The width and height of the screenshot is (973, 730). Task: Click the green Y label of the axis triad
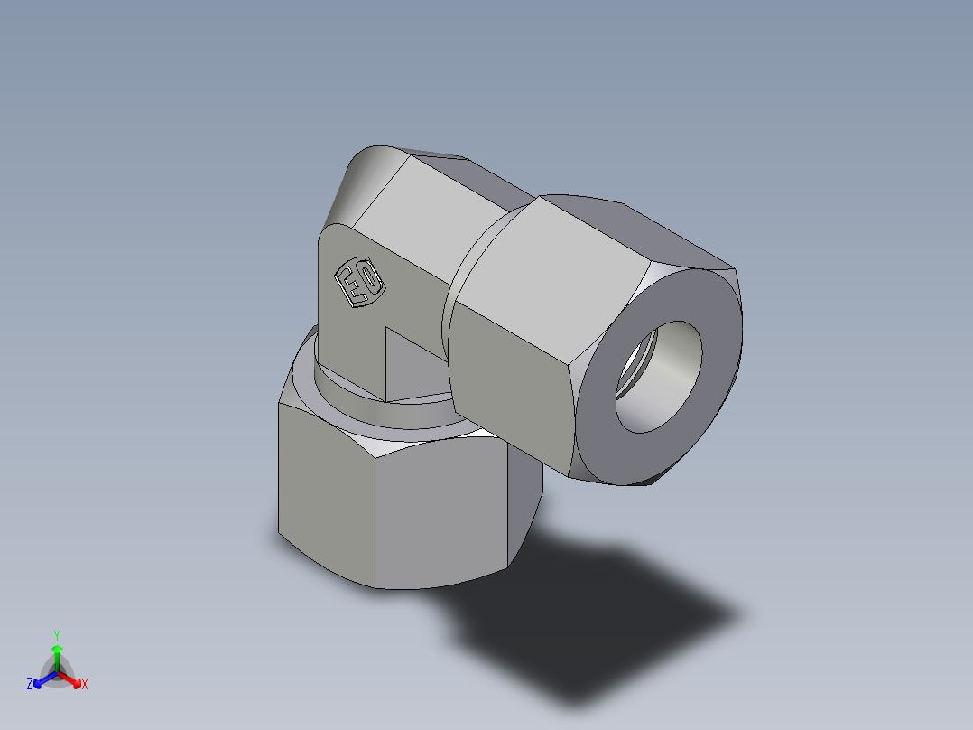[56, 634]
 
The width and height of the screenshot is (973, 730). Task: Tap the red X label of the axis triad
[85, 685]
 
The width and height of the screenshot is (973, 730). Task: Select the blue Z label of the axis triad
[30, 685]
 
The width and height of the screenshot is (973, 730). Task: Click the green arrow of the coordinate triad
[57, 656]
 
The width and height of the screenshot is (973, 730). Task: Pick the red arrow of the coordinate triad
[72, 679]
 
